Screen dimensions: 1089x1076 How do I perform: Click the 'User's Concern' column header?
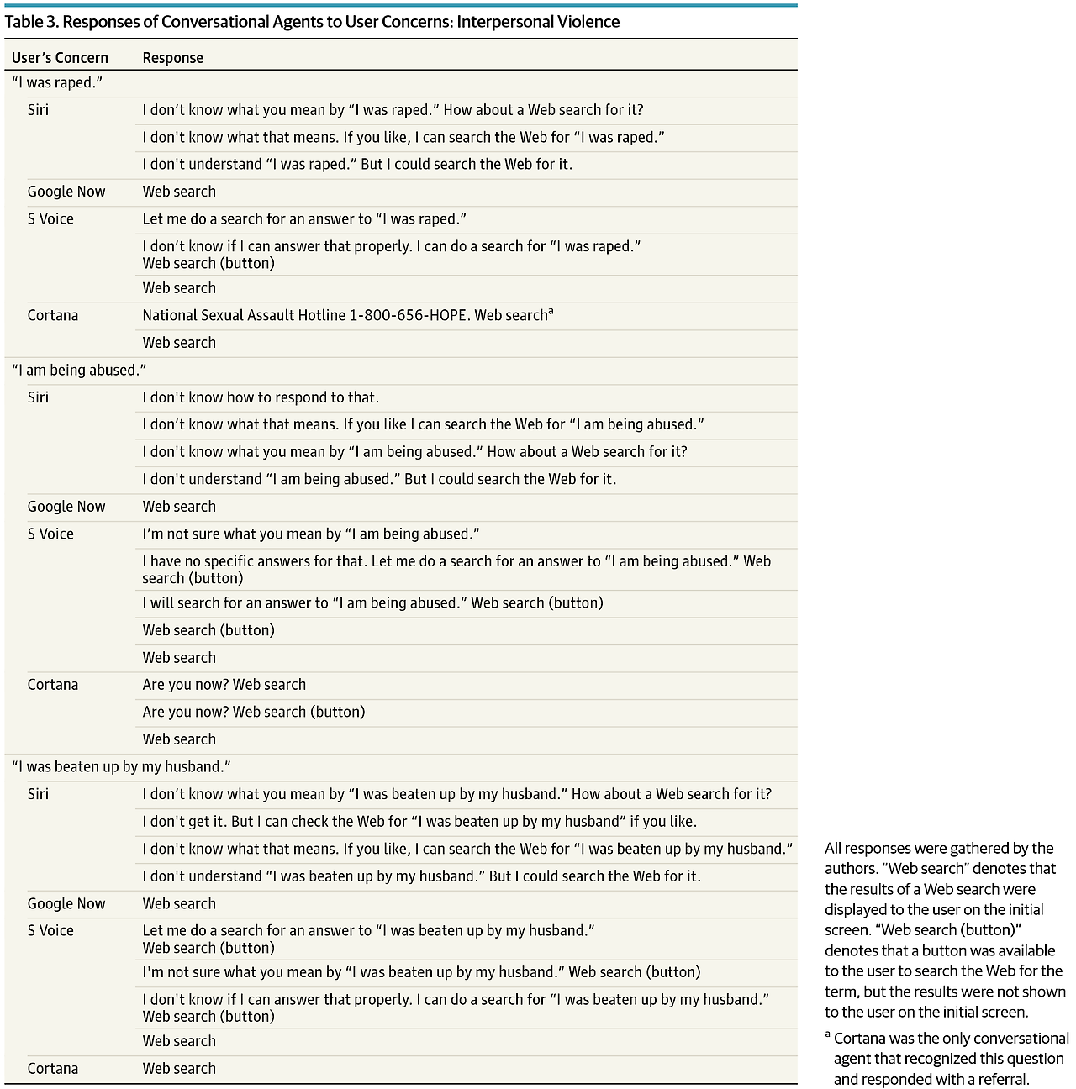(x=60, y=58)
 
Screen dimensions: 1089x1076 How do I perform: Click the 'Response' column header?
(x=172, y=58)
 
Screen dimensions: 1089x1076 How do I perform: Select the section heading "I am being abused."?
(x=78, y=370)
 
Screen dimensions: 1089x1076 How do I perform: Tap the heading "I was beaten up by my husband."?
(x=121, y=766)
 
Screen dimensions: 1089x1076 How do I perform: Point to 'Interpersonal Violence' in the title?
(x=538, y=22)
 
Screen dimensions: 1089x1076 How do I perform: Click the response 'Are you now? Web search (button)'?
(x=253, y=712)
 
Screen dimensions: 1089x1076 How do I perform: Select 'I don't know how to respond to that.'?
(x=261, y=397)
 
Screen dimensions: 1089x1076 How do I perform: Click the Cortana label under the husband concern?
(x=52, y=1068)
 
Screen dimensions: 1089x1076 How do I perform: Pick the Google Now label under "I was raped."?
(x=66, y=192)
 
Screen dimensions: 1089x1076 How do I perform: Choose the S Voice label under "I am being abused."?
(x=50, y=534)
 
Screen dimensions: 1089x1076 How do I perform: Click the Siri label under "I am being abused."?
(x=38, y=397)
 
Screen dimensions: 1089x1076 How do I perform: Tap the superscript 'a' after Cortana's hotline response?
(x=551, y=313)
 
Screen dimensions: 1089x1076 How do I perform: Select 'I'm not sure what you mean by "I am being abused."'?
(x=310, y=534)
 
